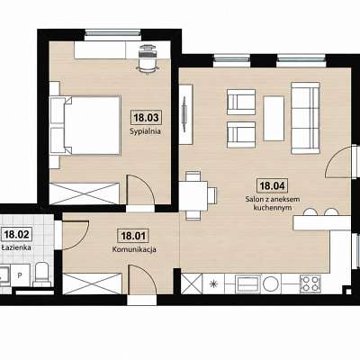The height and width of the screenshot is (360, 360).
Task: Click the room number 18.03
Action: [x=146, y=117]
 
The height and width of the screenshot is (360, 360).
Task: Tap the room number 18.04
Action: [x=272, y=185]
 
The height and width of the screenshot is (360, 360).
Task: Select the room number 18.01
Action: [x=133, y=236]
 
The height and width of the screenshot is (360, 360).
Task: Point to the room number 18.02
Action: [x=17, y=234]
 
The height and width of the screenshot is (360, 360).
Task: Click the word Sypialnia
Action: [x=145, y=131]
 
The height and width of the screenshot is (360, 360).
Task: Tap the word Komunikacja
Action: [x=134, y=249]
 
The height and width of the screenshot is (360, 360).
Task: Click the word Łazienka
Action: [x=16, y=247]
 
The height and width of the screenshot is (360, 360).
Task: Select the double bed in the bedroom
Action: [x=85, y=125]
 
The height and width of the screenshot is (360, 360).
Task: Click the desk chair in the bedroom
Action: [x=148, y=58]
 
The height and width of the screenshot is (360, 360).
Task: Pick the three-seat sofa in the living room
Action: [x=305, y=118]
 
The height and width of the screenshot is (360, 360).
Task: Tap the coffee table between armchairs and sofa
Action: [x=274, y=119]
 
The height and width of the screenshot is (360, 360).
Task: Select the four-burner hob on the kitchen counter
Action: [x=310, y=283]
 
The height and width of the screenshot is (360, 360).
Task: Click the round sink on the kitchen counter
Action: [x=271, y=283]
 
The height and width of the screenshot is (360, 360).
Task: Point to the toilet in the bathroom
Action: [x=41, y=274]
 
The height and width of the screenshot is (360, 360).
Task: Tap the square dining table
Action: [x=193, y=196]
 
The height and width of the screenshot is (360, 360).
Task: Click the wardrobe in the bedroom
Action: [x=85, y=193]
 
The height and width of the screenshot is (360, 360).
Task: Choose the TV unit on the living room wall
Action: [x=185, y=114]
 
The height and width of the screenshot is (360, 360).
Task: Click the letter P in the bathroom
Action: [x=20, y=275]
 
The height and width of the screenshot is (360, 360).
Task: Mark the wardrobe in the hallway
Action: [x=92, y=283]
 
